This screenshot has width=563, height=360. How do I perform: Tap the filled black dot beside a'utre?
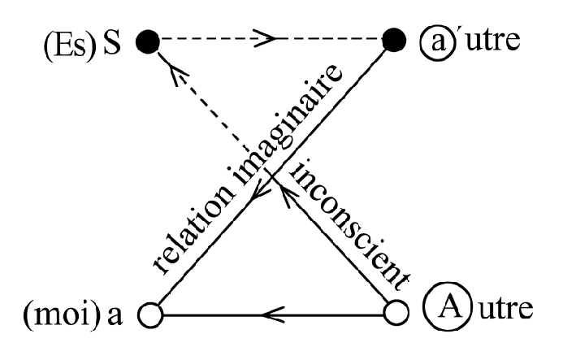[x=394, y=38]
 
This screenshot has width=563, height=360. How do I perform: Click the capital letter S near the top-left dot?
[x=111, y=40]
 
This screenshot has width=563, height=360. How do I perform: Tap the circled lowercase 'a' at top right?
[x=435, y=39]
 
